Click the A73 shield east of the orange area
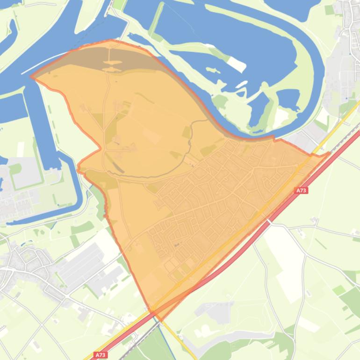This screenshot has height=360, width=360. pyautogui.click(x=302, y=190)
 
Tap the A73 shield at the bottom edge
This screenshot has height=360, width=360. pyautogui.click(x=101, y=355)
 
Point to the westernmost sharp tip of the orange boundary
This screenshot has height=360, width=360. pyautogui.click(x=31, y=77)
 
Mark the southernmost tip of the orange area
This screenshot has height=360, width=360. pyautogui.click(x=161, y=321)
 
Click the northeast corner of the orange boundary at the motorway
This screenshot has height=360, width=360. pyautogui.click(x=329, y=153)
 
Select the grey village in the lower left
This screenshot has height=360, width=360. pyautogui.click(x=23, y=266)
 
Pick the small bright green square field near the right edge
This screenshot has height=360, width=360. pyautogui.click(x=339, y=290)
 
